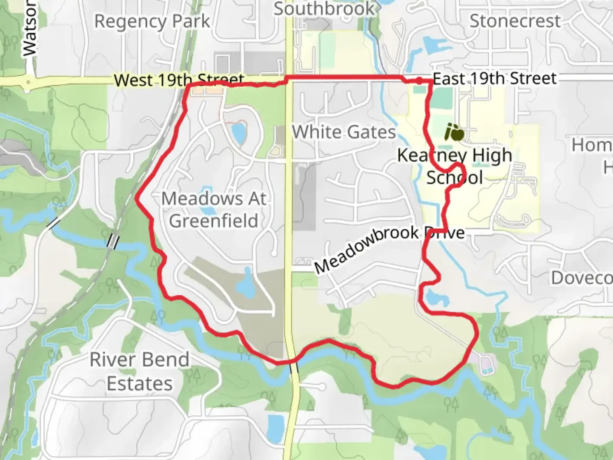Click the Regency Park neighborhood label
pos(152,21)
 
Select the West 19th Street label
pos(179,80)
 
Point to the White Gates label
pos(344,132)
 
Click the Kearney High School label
pos(455,166)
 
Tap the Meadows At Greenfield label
pos(214,210)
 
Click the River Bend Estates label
pos(140,371)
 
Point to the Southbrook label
pos(324,9)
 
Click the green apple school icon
pos(454,132)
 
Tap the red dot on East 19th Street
pos(419,80)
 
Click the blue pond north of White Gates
pos(239,132)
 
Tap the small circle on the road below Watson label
pos(28,81)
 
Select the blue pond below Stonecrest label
pos(430,44)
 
